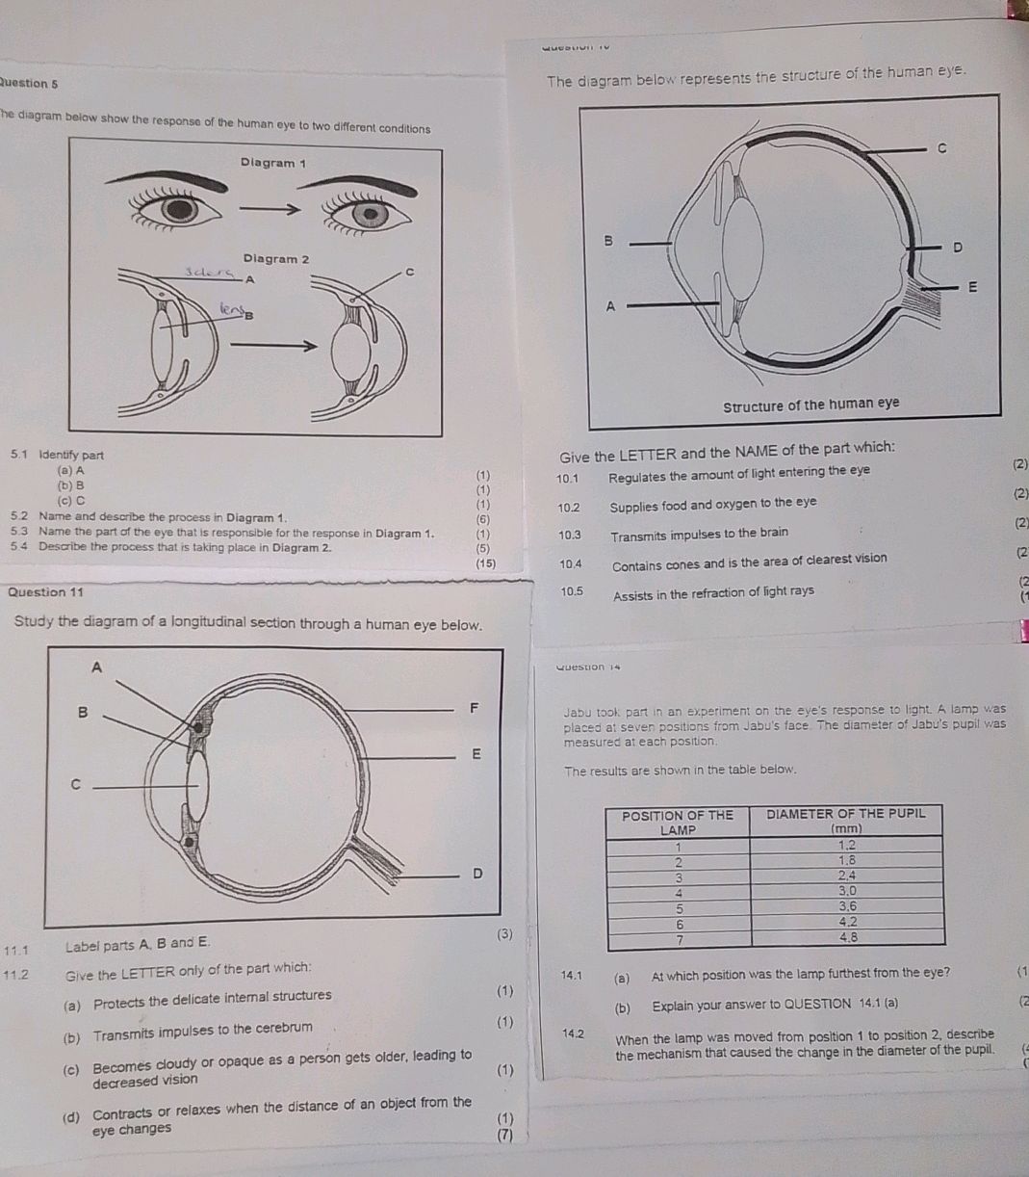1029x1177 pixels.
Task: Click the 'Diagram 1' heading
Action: coord(273,163)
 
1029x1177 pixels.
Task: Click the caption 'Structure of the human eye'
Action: coord(811,405)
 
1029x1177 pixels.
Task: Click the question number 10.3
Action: coord(570,533)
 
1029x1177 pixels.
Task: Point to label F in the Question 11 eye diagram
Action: coord(474,709)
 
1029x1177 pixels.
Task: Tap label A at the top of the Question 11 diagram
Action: coord(95,667)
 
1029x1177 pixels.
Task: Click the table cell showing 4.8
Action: coord(848,936)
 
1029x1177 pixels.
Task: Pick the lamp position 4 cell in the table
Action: coord(679,892)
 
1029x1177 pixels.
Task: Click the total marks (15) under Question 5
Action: coord(485,563)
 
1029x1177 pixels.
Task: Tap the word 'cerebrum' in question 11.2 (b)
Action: coord(284,1028)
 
